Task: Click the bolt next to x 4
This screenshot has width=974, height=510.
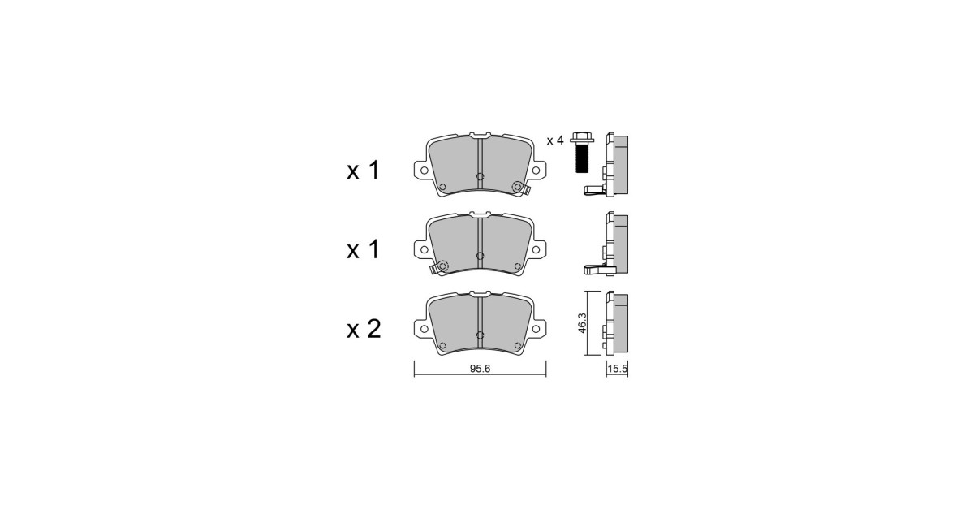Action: [582, 153]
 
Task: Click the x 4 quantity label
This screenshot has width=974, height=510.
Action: [555, 140]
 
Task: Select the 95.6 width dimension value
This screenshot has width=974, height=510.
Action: [480, 369]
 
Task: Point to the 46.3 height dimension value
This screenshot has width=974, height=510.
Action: [582, 323]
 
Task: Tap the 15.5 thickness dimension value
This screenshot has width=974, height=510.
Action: [618, 369]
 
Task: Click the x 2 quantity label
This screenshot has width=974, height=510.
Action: [364, 329]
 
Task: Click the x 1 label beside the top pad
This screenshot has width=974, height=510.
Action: [363, 171]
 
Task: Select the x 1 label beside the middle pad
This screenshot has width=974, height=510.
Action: [363, 250]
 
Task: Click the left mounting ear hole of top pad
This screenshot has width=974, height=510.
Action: [424, 170]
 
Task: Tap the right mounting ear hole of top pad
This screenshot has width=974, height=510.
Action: [537, 170]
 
